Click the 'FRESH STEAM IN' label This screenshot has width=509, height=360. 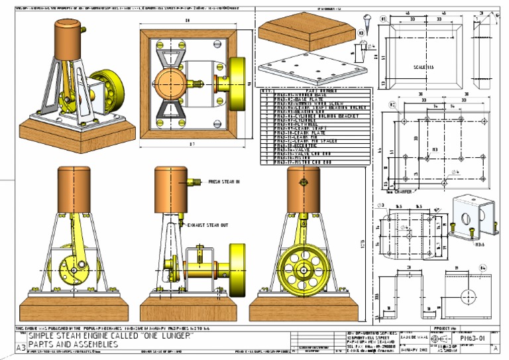tap(224, 181)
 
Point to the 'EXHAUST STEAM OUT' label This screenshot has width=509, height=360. tap(209, 225)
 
